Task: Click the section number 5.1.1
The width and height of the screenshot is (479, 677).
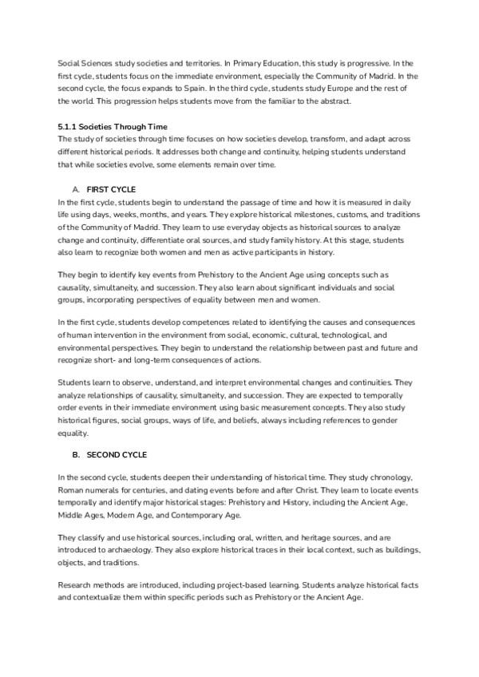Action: (x=67, y=126)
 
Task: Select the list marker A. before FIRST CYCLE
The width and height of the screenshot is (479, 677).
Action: (x=76, y=189)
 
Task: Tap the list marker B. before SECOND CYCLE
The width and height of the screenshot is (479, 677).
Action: (x=76, y=455)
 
